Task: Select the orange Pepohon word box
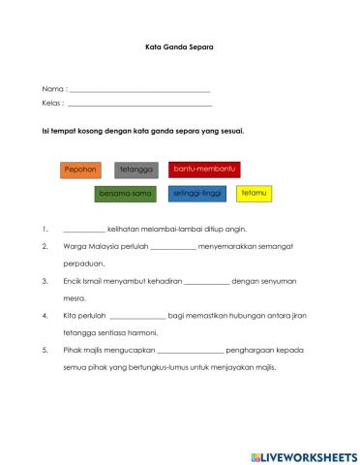point(81,170)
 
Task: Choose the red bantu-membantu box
point(204,170)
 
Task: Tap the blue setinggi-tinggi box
point(197,194)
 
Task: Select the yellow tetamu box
point(255,194)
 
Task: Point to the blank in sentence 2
point(174,247)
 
